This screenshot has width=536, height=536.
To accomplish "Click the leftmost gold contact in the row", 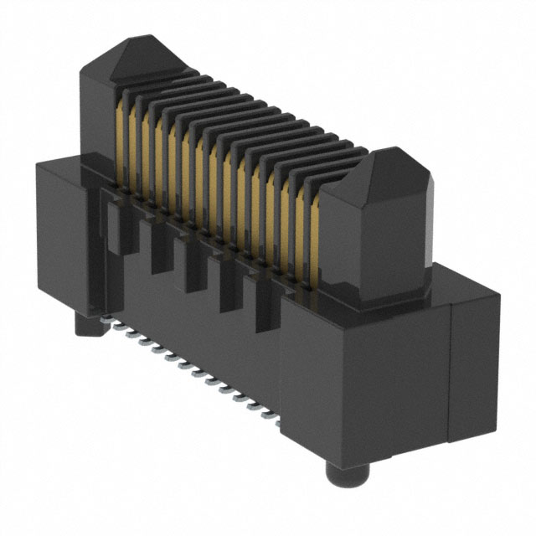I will click(x=125, y=142).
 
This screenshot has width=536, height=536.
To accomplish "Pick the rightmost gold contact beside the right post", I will click(x=315, y=243).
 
